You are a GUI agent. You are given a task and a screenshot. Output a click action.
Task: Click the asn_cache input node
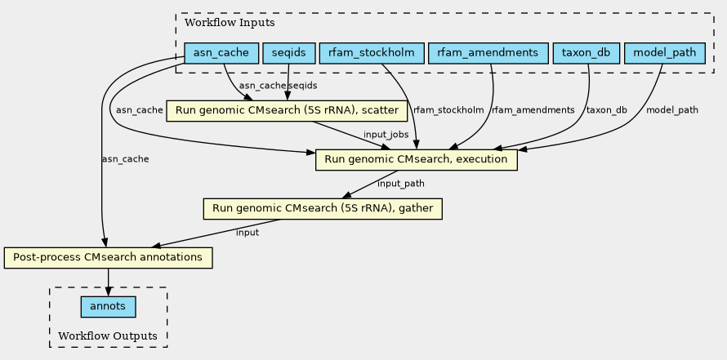(221, 54)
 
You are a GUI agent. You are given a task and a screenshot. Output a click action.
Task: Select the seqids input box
(288, 54)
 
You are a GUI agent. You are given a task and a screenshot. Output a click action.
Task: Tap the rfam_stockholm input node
(372, 54)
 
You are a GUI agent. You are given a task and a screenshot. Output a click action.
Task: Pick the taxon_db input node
(586, 54)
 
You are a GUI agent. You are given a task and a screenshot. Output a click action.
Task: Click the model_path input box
(664, 54)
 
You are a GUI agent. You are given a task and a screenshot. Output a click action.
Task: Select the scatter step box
(287, 110)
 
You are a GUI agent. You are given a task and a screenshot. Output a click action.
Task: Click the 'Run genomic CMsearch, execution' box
(417, 159)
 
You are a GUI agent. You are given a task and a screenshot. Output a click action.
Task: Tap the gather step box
(322, 209)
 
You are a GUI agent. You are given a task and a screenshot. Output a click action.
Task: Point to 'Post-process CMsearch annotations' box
(108, 258)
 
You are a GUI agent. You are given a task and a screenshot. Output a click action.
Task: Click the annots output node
(108, 307)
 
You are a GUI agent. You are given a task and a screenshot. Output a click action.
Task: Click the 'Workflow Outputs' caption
(108, 336)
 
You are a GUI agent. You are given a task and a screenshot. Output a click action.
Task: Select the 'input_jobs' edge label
(386, 134)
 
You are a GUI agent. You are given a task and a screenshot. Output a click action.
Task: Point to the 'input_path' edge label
(401, 184)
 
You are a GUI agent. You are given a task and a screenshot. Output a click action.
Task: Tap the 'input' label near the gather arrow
(247, 233)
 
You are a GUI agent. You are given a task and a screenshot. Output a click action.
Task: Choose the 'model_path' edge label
(672, 109)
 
